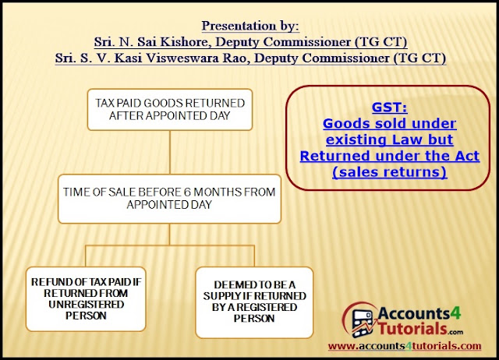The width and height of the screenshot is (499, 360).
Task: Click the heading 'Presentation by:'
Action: point(250,26)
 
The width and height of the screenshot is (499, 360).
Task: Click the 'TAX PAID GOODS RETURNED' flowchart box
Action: point(170,110)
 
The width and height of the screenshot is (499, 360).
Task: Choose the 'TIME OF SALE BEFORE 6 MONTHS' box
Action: point(170,199)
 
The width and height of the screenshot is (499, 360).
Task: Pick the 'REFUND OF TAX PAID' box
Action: point(86,299)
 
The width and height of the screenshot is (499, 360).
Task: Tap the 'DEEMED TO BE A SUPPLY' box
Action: point(254,302)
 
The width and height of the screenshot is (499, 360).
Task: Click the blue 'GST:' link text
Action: point(390,108)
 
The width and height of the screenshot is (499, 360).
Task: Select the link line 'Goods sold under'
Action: point(390,123)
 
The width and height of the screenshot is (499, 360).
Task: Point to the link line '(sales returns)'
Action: point(390,172)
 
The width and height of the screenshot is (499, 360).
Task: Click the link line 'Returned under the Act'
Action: point(390,156)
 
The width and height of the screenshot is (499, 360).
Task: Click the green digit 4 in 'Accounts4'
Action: point(456,313)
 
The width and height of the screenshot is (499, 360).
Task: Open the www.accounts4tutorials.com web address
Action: point(405,346)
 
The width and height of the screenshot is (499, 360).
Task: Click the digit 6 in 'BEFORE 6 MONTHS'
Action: point(187,192)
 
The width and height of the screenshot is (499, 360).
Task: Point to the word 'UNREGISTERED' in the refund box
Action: point(86,305)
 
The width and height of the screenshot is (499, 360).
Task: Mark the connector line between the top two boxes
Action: point(170,152)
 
